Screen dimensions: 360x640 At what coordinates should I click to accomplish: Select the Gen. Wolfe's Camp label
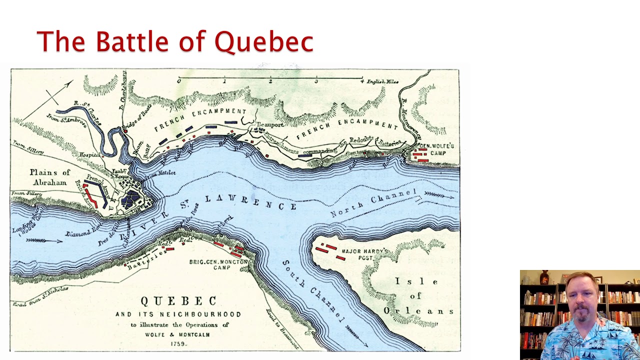point(434,149)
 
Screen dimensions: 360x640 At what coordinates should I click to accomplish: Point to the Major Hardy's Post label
point(365,254)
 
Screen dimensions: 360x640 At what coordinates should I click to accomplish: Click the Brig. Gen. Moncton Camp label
point(218,264)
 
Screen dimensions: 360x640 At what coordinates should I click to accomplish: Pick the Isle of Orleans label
point(417,296)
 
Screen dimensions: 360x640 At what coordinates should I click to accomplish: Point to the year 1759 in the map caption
point(178,343)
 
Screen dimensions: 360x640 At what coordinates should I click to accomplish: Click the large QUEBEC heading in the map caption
point(178,301)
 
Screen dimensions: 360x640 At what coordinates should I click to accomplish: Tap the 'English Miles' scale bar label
point(382,81)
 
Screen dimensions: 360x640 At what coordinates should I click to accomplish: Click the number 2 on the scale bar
point(270,81)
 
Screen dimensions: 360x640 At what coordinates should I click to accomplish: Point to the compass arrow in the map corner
point(59,93)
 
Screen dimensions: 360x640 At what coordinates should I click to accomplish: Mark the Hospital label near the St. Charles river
point(88,155)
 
